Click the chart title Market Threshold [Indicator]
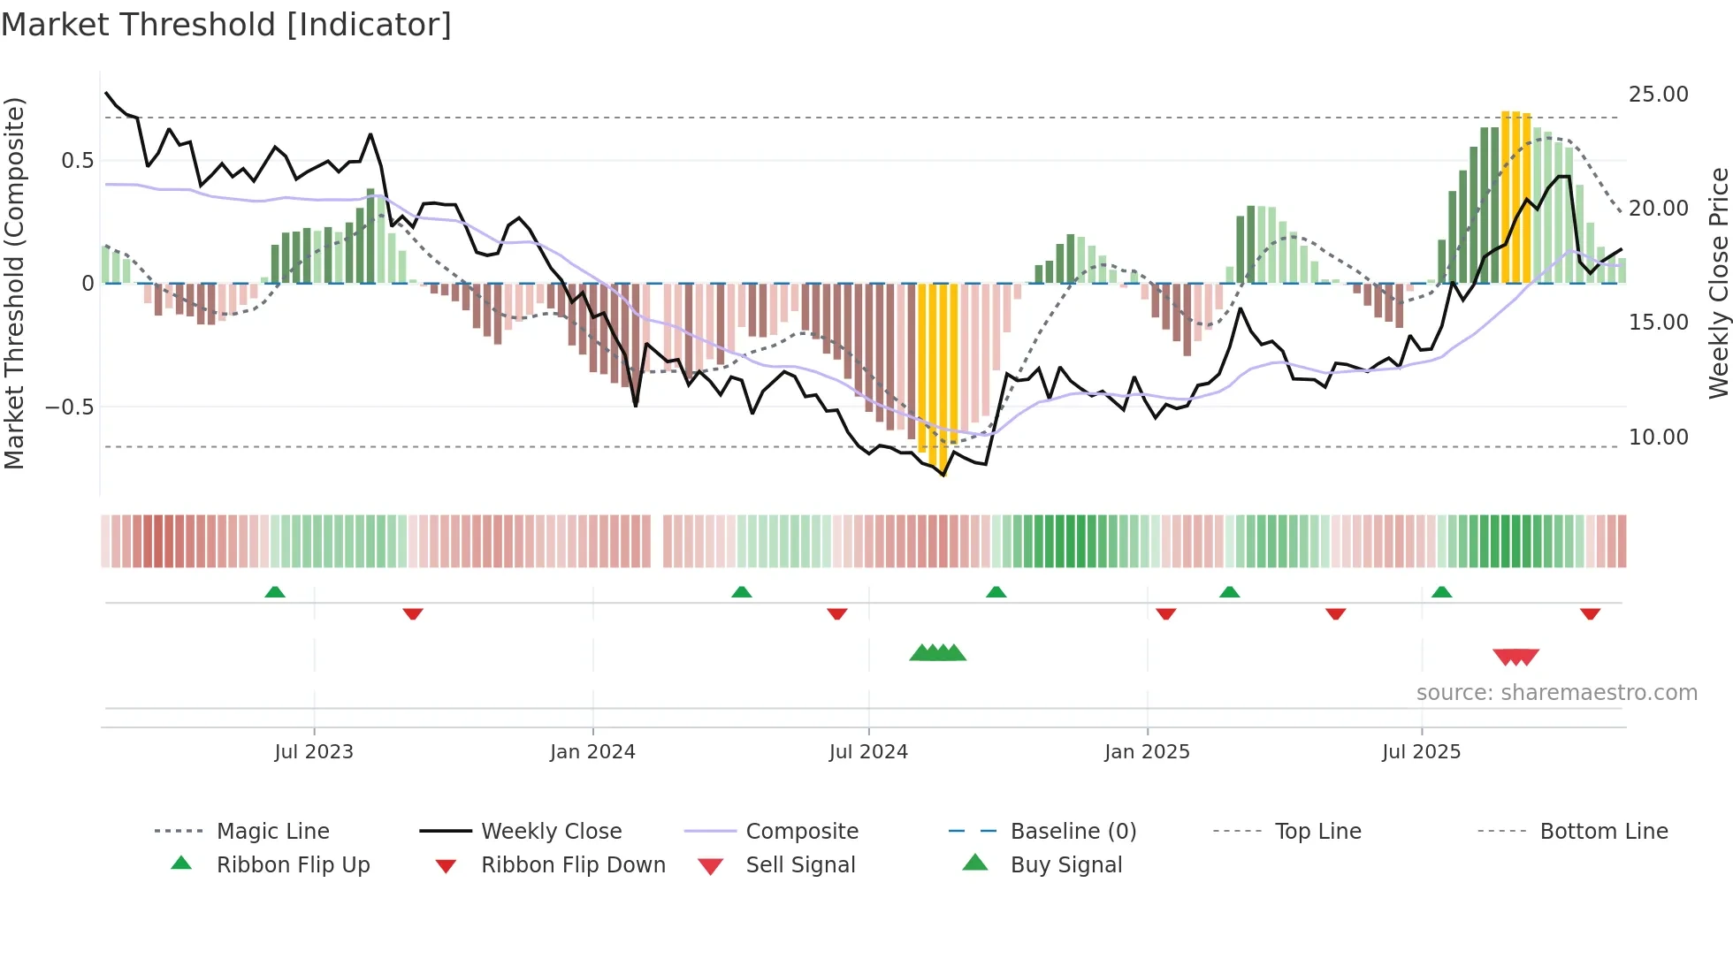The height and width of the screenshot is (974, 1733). tap(226, 25)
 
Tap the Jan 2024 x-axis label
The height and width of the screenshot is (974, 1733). tap(592, 752)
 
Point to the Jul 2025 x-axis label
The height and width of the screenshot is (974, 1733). tap(1421, 752)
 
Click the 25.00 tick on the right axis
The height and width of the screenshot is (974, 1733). tap(1658, 95)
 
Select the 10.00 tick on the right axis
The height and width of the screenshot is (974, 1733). tap(1658, 438)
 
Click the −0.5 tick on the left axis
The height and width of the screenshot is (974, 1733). tap(70, 407)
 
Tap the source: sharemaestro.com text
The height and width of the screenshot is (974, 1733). tap(1556, 693)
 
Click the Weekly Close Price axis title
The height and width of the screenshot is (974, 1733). tap(1718, 283)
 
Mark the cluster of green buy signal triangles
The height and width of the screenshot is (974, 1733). tap(937, 653)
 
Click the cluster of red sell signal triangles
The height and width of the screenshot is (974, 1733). tap(1515, 657)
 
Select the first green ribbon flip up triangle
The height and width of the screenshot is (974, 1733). tap(275, 592)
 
